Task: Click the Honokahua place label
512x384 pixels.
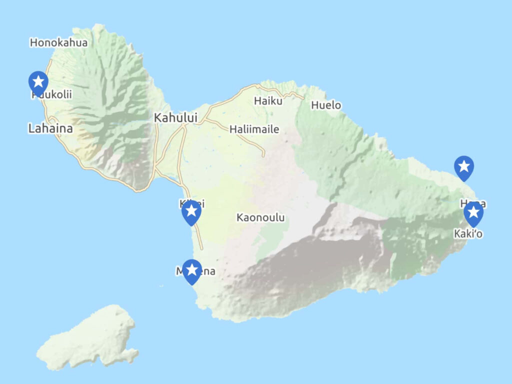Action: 58,42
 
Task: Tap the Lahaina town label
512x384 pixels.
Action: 50,128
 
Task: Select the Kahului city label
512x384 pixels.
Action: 175,118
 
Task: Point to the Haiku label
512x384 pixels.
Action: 268,101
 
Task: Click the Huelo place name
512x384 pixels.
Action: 326,105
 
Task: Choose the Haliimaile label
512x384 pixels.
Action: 254,129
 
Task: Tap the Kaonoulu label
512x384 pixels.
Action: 260,217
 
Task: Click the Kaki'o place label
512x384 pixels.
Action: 468,233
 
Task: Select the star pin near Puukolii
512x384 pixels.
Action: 38,82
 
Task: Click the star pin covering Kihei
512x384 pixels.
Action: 191,212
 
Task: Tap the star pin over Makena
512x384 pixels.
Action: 192,271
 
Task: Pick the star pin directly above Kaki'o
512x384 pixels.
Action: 473,214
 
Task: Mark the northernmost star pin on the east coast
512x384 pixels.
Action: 463,167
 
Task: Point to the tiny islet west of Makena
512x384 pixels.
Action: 161,286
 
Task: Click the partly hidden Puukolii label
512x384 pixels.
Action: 55,94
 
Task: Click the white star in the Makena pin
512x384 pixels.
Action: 192,269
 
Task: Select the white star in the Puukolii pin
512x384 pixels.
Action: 38,80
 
